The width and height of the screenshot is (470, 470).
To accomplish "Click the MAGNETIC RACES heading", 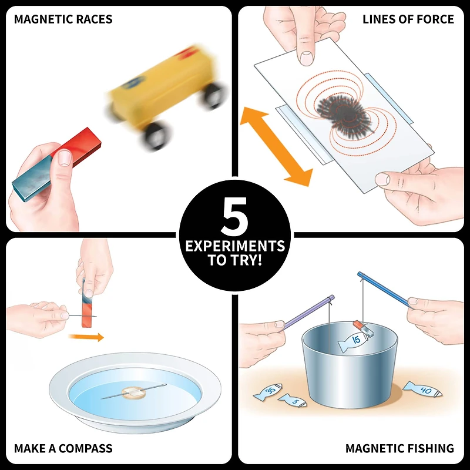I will coord(63,19).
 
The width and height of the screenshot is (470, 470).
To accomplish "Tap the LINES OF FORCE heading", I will coord(408,19).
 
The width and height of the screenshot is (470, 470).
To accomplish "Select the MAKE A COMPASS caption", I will coord(63,449).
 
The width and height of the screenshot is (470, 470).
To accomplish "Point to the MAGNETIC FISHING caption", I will coord(399,449).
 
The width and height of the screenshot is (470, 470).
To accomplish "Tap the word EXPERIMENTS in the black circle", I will coord(235,246).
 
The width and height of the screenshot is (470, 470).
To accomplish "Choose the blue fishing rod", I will coord(385,290).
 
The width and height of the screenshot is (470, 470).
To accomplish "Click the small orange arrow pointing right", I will coord(86,337).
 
